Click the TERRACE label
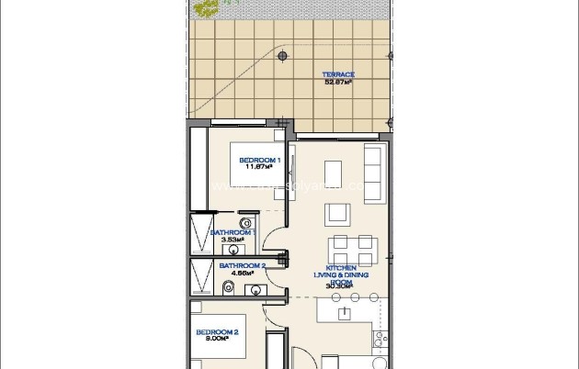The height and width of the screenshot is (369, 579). [x=338, y=74]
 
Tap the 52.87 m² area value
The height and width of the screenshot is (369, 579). [x=338, y=82]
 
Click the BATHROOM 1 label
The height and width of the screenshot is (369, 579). [x=232, y=233]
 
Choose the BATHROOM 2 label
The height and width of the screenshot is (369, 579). [x=242, y=266]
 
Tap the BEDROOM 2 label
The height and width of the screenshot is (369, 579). [x=217, y=331]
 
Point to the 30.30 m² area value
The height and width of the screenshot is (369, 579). [x=338, y=286]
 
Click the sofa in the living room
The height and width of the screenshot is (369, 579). [x=373, y=167]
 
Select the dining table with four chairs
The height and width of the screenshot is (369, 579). [x=353, y=247]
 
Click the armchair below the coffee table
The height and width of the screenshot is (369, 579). [x=336, y=214]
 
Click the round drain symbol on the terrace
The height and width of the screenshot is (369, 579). [x=283, y=56]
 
